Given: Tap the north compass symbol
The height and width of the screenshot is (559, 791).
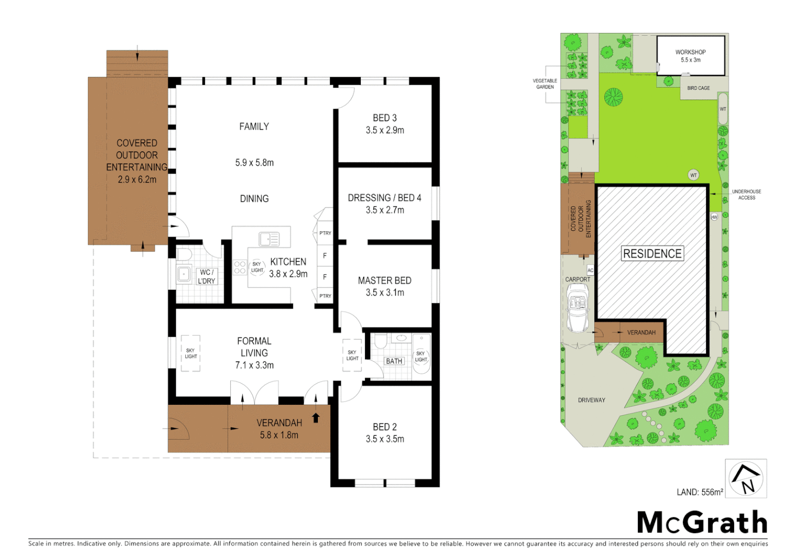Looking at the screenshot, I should tap(745, 478).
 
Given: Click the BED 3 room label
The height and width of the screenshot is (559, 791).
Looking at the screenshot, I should tap(385, 118).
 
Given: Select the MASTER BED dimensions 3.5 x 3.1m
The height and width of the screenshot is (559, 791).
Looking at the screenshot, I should tap(385, 292).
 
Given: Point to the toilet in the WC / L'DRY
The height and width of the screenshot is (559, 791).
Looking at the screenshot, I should tap(184, 255).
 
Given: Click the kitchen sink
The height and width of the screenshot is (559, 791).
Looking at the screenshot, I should tap(269, 239).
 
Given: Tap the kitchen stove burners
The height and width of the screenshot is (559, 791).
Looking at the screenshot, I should tap(240, 267).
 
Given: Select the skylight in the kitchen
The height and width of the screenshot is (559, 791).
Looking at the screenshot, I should tap(257, 267).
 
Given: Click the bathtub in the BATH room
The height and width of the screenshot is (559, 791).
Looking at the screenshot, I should tap(421, 354).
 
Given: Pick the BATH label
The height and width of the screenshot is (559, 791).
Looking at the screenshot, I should tap(394, 361).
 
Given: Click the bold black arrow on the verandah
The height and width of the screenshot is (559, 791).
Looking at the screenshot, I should tap(316, 418).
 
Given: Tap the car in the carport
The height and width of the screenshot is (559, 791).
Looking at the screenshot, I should tap(578, 309).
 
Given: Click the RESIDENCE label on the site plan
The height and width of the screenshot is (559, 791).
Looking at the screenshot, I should tap(652, 254).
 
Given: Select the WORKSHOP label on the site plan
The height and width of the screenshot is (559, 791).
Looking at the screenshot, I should tap(690, 52).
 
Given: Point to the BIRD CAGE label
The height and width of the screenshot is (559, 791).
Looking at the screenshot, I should tap(698, 88).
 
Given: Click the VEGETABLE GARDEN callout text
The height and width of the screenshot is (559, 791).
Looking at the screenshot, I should tap(545, 84).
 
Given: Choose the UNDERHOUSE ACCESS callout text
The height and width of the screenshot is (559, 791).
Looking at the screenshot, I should tap(746, 195).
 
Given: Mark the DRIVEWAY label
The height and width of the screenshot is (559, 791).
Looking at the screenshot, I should tap(591, 400).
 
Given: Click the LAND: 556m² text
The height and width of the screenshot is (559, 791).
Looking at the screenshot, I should tap(699, 492).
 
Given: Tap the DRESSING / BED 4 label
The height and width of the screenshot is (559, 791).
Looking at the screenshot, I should tap(384, 198).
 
